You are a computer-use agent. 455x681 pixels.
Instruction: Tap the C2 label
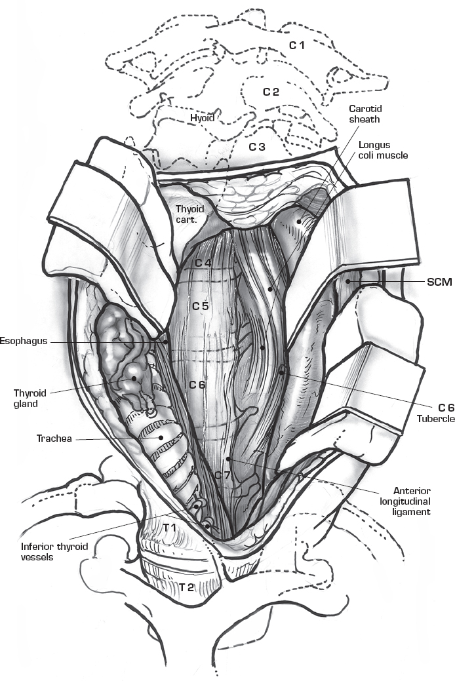271,92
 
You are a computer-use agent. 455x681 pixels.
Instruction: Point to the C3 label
256,147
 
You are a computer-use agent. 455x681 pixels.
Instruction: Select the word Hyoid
203,118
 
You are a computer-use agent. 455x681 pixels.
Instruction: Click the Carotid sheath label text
365,115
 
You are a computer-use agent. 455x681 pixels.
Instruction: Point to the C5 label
200,306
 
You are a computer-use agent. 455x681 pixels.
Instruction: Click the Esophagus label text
22,341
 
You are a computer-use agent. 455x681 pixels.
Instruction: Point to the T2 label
187,587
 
